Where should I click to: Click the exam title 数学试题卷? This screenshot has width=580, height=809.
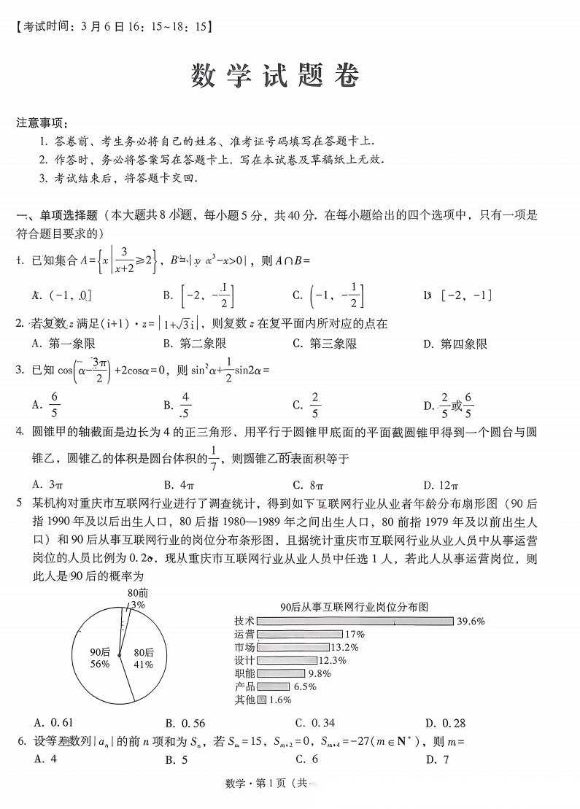coord(276,75)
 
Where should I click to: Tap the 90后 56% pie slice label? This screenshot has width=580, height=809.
coord(100,658)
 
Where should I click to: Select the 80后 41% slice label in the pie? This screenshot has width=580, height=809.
coord(143,658)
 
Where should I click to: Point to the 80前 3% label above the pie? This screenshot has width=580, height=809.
coord(137,599)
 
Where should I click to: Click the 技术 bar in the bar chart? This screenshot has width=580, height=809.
coord(355,621)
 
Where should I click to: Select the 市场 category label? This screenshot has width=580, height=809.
coord(244,647)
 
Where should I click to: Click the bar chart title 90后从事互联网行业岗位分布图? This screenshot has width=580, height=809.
coord(353,607)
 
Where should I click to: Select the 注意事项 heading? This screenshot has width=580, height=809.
coord(42,123)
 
